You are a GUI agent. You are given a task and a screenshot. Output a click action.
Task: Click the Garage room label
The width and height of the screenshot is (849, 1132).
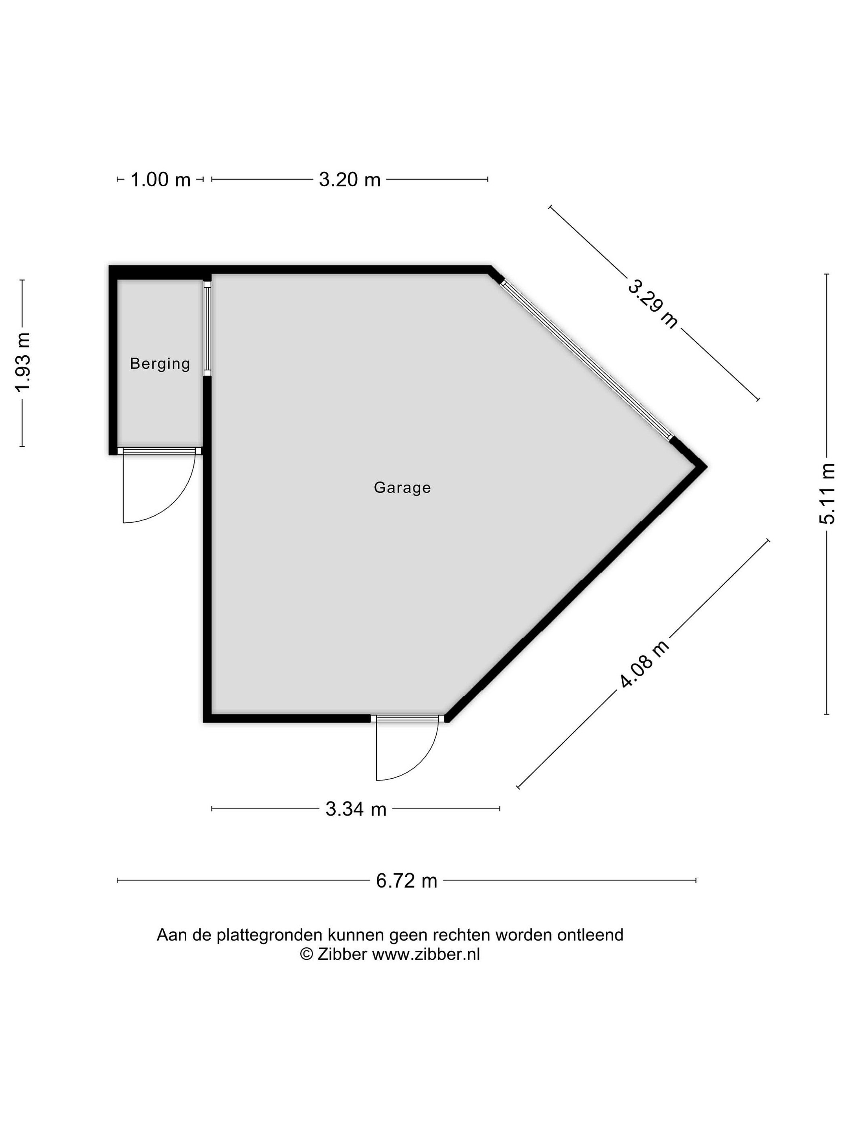click(x=402, y=488)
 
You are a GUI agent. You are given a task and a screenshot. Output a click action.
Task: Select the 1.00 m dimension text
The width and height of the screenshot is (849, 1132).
click(x=160, y=180)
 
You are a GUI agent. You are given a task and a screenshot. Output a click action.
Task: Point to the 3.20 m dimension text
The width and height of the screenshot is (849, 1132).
click(x=349, y=180)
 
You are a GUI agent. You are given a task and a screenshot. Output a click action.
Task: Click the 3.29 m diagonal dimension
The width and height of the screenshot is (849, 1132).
click(x=653, y=303)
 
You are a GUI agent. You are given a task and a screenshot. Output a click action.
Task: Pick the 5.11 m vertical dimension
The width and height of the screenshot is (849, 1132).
click(x=827, y=493)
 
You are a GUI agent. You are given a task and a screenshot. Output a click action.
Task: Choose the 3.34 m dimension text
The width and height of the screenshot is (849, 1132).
click(x=356, y=809)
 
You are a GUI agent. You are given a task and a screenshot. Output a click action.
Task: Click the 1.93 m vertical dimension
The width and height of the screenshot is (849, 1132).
click(x=23, y=363)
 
